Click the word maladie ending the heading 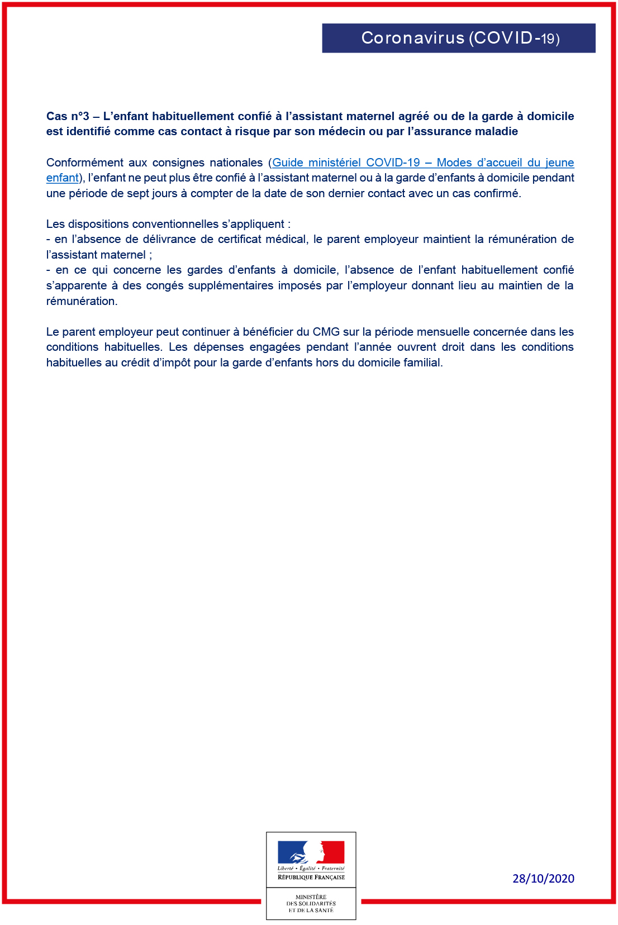(x=496, y=131)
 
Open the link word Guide (x=287, y=163)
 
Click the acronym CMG (x=326, y=332)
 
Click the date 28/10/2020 (x=543, y=879)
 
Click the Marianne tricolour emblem (x=311, y=852)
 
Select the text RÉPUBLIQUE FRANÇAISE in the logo (x=311, y=878)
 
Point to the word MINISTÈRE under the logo (x=311, y=897)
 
